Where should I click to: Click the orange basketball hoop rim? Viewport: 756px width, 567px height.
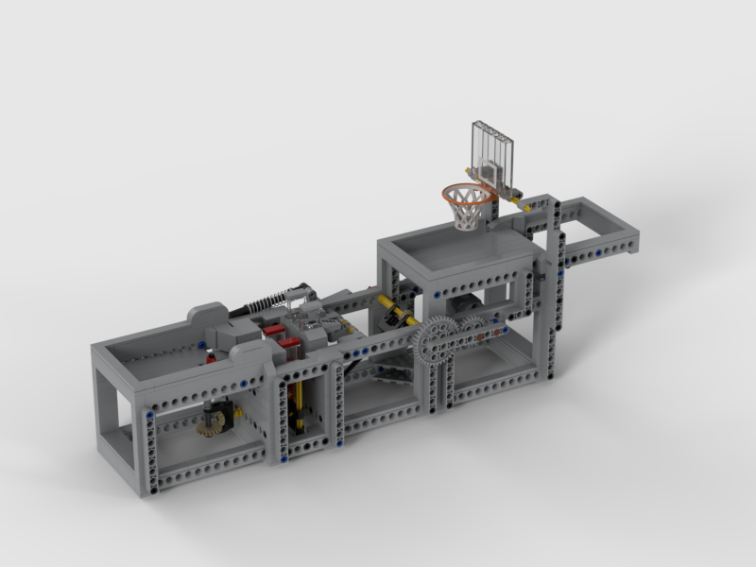pyautogui.click(x=468, y=192)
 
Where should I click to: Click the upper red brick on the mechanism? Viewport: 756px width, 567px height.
pyautogui.click(x=274, y=331)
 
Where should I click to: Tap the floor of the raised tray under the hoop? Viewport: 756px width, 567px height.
pyautogui.click(x=463, y=248)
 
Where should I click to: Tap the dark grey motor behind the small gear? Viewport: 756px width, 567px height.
pyautogui.click(x=466, y=308)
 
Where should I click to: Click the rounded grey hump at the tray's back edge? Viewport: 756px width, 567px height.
pyautogui.click(x=210, y=312)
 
